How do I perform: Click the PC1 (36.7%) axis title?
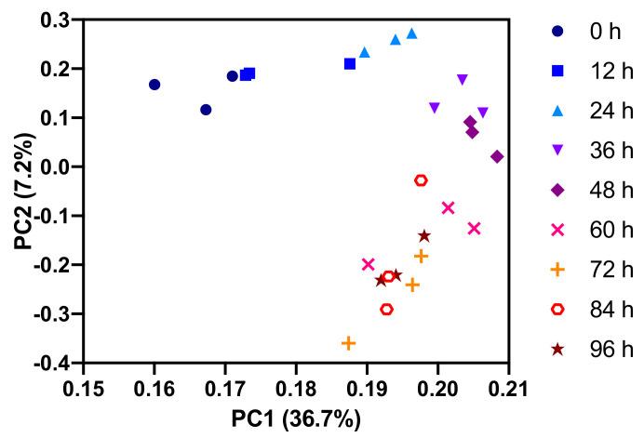tap(296, 419)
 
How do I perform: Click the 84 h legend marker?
tap(557, 310)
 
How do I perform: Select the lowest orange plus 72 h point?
tap(349, 343)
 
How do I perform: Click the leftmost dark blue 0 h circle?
tap(154, 85)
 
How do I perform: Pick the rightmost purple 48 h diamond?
tap(497, 157)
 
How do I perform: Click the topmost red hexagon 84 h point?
tap(421, 180)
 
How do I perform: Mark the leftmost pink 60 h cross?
tap(368, 265)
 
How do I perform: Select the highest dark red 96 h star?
tap(424, 236)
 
